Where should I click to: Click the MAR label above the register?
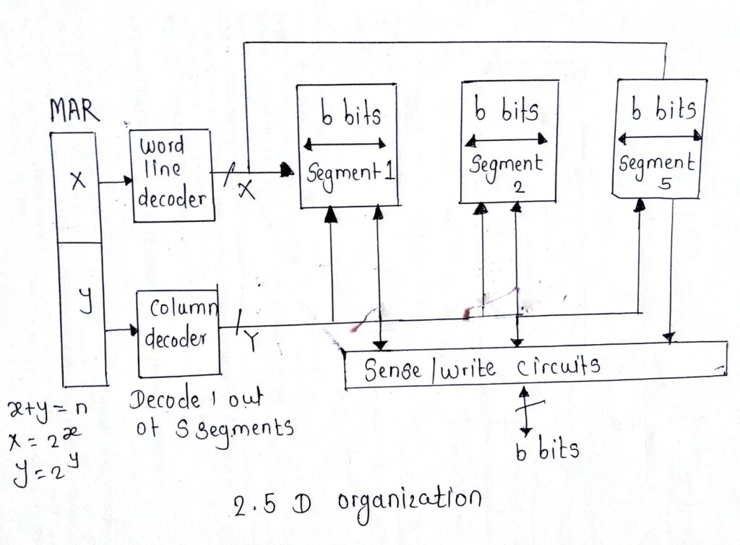[x=74, y=112]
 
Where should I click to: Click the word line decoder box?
[x=172, y=176]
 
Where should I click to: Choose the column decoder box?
[x=178, y=332]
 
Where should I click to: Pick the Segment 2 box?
[x=509, y=141]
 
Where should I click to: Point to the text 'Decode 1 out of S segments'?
[x=210, y=414]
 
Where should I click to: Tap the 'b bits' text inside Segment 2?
[x=506, y=111]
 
